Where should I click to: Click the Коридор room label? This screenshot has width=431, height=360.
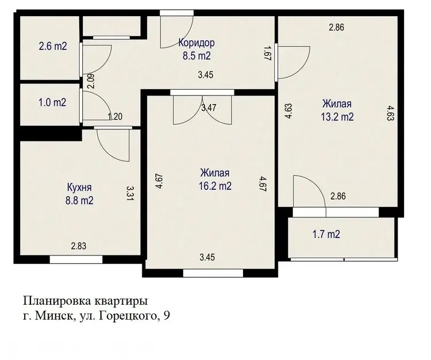point(197,43)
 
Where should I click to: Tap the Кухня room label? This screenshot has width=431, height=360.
point(79,187)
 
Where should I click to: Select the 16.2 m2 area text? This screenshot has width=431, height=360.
point(215,186)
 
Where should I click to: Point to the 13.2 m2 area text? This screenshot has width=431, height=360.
point(337,117)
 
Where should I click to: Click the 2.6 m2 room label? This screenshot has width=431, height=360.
point(53,46)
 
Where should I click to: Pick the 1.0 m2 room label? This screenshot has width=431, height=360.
point(52,102)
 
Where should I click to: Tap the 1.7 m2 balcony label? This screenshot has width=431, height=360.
point(326,235)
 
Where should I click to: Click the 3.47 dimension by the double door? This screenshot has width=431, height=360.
point(209,108)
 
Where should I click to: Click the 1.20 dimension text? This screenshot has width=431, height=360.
point(115,117)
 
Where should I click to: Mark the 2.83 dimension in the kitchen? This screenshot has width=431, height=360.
point(79,246)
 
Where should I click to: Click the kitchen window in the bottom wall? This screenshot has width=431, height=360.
point(76,259)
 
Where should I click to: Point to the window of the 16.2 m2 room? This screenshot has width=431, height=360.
point(213,273)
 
